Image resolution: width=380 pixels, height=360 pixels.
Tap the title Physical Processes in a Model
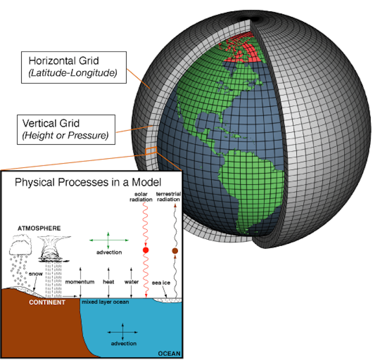(88, 182)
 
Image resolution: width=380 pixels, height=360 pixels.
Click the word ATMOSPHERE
(39, 228)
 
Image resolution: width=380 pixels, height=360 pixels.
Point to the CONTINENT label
(47, 302)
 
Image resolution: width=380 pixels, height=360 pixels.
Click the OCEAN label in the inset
(169, 354)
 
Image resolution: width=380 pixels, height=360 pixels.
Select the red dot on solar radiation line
(146, 250)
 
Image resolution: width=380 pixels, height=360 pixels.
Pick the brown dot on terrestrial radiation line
(175, 251)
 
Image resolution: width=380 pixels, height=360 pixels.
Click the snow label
(36, 274)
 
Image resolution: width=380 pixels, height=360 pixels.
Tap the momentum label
(80, 282)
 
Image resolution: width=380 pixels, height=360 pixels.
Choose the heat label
(108, 282)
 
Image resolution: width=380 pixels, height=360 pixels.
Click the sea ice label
(161, 283)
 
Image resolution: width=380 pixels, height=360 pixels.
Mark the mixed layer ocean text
(105, 302)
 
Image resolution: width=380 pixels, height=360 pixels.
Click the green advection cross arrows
(108, 240)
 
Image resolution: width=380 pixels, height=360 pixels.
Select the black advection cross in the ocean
(123, 332)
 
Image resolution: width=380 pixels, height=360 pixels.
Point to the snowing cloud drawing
(21, 246)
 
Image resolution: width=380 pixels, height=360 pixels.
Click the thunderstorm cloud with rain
(54, 249)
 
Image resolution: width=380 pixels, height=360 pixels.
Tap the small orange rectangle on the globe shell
(151, 151)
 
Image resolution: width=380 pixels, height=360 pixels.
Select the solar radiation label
(141, 197)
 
